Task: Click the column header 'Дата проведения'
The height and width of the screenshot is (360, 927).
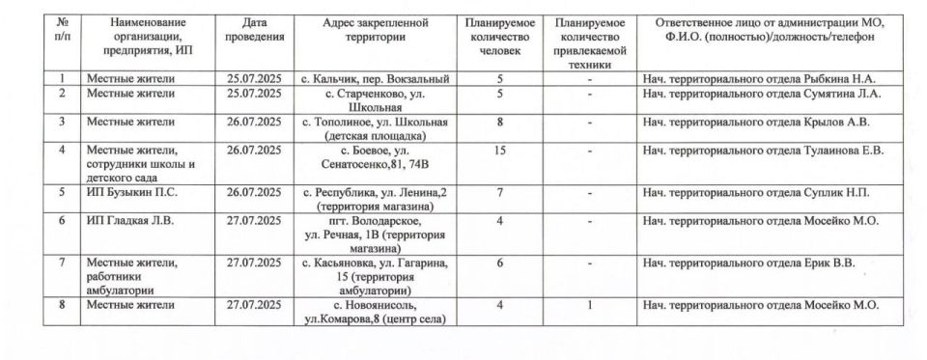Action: (255, 29)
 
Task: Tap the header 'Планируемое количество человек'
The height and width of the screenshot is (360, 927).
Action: (499, 36)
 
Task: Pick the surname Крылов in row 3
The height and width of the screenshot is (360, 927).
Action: (822, 122)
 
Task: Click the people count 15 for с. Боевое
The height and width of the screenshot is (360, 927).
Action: (499, 150)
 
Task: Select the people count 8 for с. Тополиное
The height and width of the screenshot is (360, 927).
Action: (499, 122)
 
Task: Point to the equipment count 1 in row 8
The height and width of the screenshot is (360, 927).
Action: (589, 305)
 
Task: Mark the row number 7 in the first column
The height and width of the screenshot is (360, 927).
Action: (62, 263)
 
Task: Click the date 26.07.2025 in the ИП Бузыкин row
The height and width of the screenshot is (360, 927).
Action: (255, 193)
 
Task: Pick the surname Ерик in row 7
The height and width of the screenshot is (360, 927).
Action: (815, 263)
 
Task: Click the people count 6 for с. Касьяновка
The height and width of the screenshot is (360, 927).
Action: (499, 263)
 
